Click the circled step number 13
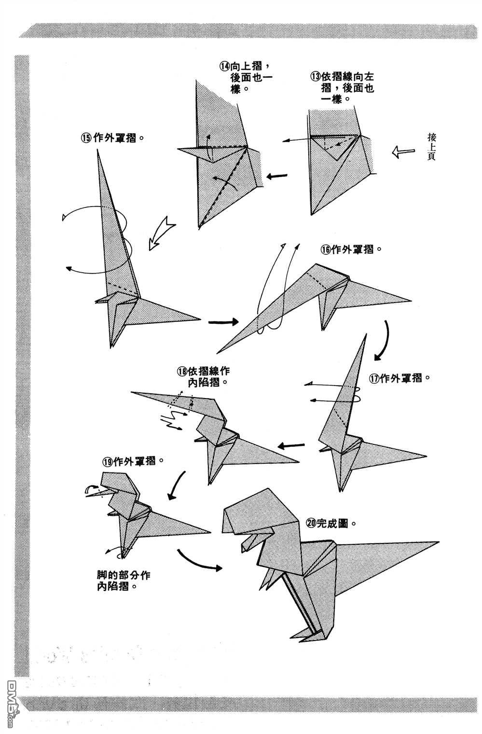point(316,76)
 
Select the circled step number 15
point(86,138)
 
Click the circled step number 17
point(374,378)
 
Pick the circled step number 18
point(181,372)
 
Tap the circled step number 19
point(108,461)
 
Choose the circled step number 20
point(311,523)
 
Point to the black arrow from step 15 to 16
point(223,322)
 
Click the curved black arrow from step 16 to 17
point(384,340)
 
